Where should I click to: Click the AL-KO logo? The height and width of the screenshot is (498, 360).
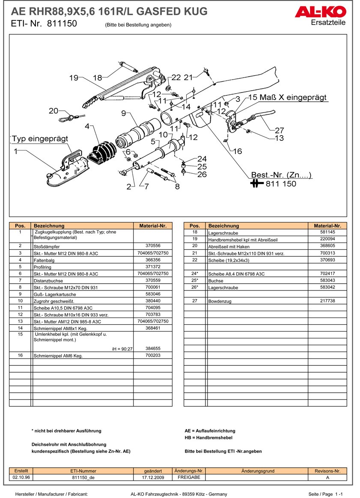pyautogui.click(x=320, y=12)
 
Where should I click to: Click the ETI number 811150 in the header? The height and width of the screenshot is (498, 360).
pyautogui.click(x=62, y=24)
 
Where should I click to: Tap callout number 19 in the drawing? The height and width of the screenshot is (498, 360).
pyautogui.click(x=74, y=78)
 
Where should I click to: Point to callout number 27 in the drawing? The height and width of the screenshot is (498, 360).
pyautogui.click(x=279, y=130)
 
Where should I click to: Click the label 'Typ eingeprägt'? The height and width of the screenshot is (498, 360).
pyautogui.click(x=40, y=139)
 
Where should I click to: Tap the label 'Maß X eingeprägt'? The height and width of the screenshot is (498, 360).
pyautogui.click(x=293, y=97)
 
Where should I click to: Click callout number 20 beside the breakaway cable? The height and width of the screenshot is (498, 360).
pyautogui.click(x=54, y=111)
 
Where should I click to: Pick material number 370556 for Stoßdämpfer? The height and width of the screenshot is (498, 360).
pyautogui.click(x=153, y=246)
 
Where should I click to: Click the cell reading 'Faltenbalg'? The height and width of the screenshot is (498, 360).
pyautogui.click(x=44, y=260)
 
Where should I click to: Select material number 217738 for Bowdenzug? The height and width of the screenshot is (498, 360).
pyautogui.click(x=327, y=300)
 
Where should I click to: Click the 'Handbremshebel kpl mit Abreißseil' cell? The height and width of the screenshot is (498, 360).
pyautogui.click(x=243, y=240)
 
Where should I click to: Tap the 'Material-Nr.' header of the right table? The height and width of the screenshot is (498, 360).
pyautogui.click(x=327, y=226)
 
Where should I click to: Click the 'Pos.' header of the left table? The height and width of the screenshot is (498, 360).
pyautogui.click(x=20, y=226)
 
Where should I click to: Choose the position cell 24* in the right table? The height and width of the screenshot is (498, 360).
pyautogui.click(x=195, y=273)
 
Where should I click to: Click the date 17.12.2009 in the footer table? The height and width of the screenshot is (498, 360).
pyautogui.click(x=153, y=477)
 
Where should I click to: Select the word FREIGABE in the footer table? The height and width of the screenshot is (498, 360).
pyautogui.click(x=189, y=477)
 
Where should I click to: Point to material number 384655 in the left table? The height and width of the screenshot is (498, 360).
pyautogui.click(x=153, y=348)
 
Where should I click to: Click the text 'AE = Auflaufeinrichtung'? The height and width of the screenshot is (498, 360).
pyautogui.click(x=210, y=431)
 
